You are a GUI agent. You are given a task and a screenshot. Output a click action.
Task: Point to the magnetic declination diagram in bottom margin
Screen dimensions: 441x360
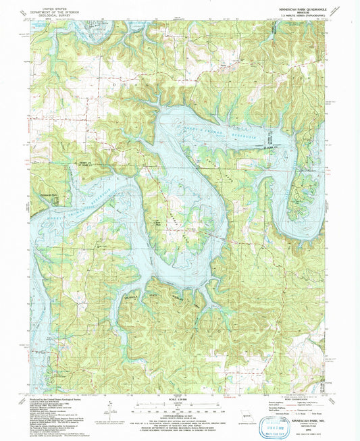point(109,409)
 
